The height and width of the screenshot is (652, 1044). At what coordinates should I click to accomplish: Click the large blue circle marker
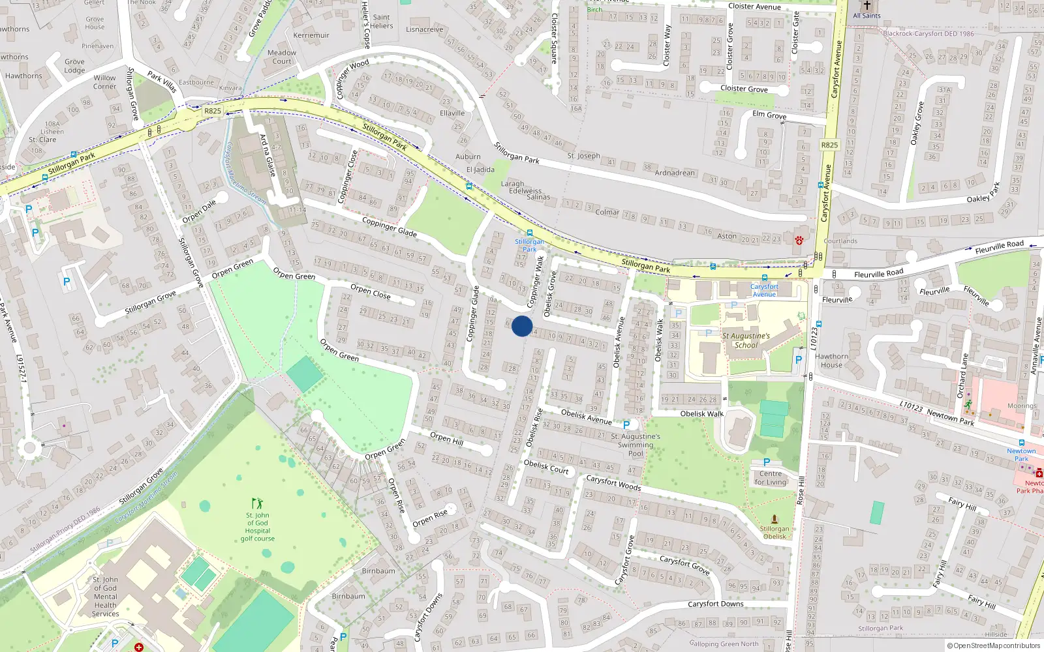[522, 326]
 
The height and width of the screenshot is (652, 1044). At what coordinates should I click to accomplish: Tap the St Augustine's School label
[746, 340]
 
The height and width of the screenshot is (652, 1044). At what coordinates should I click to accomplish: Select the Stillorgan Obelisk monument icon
[775, 519]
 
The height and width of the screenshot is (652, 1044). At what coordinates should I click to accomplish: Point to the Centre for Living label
[770, 478]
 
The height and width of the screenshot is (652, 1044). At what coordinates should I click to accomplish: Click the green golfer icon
[257, 503]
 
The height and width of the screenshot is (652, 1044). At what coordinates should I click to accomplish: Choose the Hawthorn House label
[831, 361]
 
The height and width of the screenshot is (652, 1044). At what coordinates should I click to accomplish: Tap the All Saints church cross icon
[867, 5]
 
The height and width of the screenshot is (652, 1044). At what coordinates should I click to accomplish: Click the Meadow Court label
[282, 57]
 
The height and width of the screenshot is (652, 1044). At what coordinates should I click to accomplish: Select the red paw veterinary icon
[799, 241]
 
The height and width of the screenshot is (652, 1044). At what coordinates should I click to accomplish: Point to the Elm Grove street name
[769, 115]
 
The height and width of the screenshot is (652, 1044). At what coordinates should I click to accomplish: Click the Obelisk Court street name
[546, 467]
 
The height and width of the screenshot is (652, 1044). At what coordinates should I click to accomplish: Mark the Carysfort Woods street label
[613, 482]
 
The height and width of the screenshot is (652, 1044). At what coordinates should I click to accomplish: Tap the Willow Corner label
[104, 81]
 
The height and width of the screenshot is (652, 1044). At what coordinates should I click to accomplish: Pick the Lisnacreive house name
[424, 29]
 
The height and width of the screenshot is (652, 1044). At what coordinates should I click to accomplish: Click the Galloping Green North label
[724, 644]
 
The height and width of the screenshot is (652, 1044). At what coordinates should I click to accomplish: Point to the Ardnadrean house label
[675, 173]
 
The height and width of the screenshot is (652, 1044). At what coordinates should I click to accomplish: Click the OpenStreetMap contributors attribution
[994, 645]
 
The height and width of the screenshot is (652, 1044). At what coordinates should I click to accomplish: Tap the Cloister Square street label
[555, 39]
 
